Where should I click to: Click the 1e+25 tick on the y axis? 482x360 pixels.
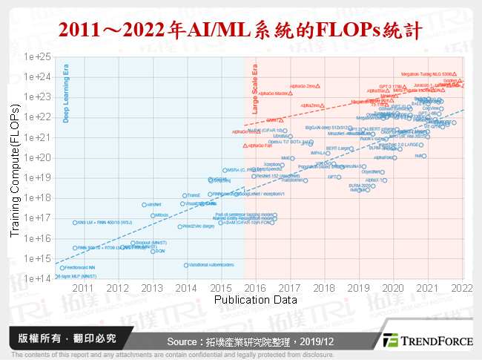point(38,56)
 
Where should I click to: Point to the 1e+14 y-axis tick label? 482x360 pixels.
point(38,278)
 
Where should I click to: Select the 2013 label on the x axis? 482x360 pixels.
point(151,287)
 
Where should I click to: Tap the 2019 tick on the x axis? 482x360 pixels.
point(358,287)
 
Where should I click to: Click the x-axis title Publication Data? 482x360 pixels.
point(255,299)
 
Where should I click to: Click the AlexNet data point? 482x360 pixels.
point(144,204)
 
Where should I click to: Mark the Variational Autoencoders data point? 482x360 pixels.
point(185,265)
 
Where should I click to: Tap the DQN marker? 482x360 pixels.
point(153,252)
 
